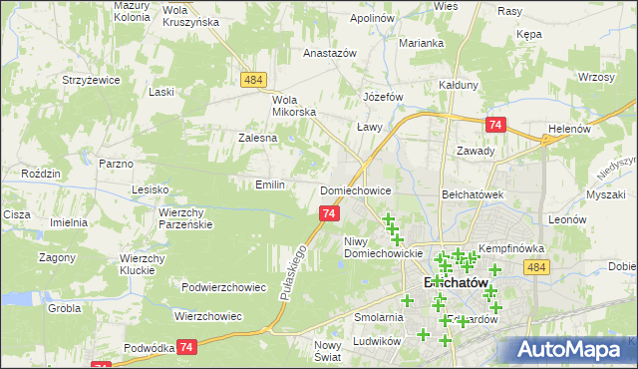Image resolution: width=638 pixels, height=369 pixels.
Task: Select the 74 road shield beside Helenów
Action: [495, 125]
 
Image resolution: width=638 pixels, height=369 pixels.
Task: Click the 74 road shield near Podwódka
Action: [186, 346]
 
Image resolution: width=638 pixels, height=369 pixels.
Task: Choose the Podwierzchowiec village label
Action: [224, 287]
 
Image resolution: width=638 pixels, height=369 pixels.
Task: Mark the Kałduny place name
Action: [459, 86]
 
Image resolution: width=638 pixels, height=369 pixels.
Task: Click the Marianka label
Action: [422, 43]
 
